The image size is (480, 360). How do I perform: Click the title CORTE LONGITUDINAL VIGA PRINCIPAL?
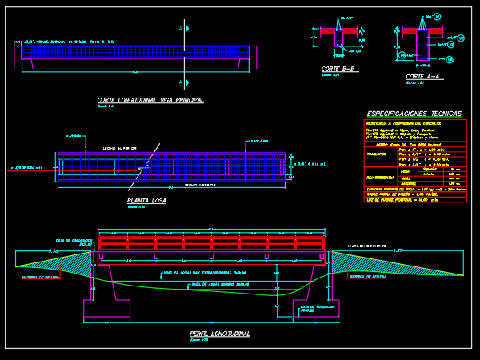pyautogui.click(x=150, y=100)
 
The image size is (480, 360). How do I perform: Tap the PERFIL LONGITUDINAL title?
pyautogui.click(x=219, y=333)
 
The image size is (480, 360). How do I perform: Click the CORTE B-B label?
pyautogui.click(x=338, y=70)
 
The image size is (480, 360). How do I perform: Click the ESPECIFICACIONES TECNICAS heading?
pyautogui.click(x=414, y=114)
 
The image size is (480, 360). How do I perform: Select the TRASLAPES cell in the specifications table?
pyautogui.click(x=379, y=154)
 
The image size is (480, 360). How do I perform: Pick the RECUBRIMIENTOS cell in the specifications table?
pyautogui.click(x=381, y=177)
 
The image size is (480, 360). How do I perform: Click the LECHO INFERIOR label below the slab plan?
pyautogui.click(x=200, y=185)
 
